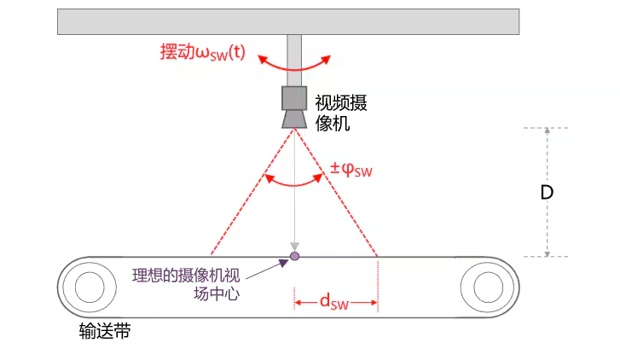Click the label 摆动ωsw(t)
(x=202, y=51)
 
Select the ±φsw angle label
(x=351, y=170)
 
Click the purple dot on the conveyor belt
(x=294, y=256)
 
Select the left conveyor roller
(x=89, y=286)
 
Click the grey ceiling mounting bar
(x=287, y=21)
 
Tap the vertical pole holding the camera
(x=294, y=60)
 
